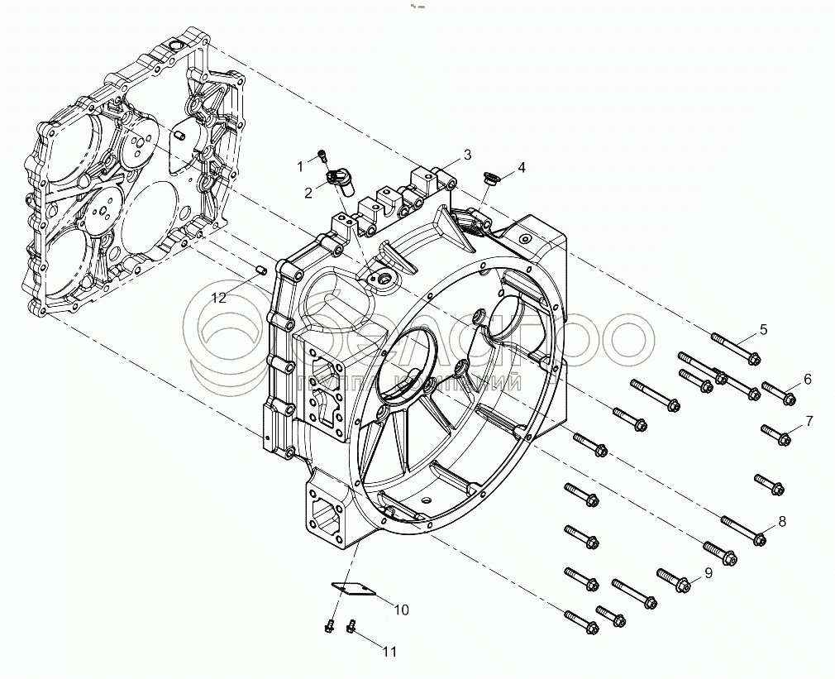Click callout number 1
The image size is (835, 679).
coord(302,167)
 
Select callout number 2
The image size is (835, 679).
coord(308,193)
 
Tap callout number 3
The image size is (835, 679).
coord(467,155)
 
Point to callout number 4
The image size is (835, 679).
coord(521,169)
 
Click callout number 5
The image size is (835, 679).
coord(763,329)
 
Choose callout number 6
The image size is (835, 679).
coord(807,380)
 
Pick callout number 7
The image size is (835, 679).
coord(809,421)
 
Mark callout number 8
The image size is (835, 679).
coord(781,522)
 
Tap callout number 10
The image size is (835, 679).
coord(400,610)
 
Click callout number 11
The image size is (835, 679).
coord(389,652)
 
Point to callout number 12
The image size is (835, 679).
coord(218,298)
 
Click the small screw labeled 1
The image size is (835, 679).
coord(322,155)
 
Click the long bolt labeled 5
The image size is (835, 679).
coord(734,347)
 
